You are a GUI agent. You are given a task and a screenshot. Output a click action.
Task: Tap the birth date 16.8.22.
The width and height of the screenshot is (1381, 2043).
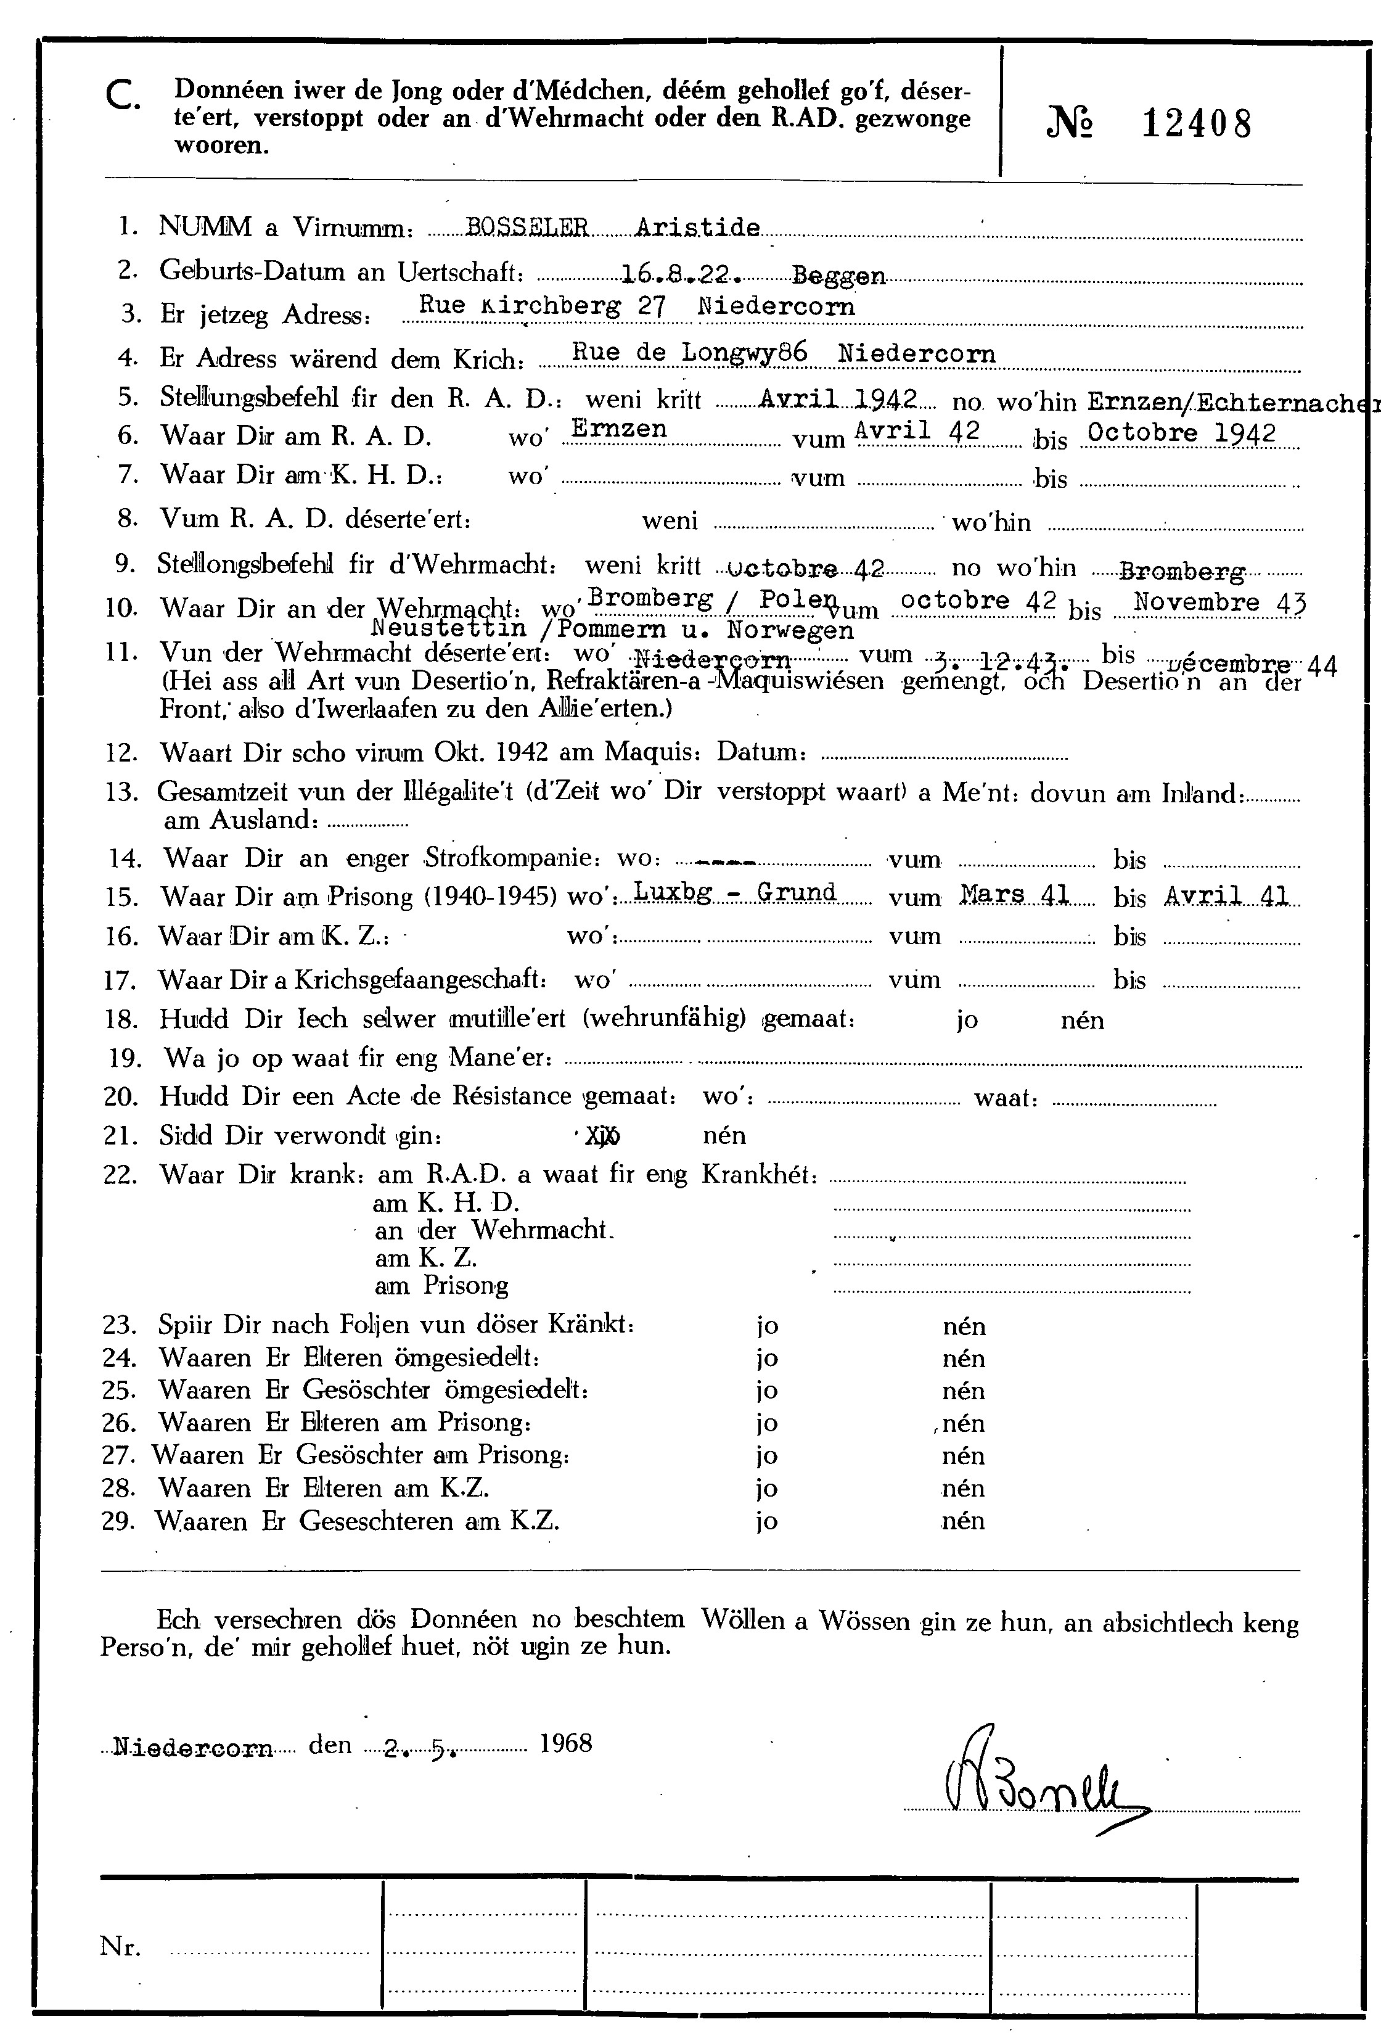click(679, 274)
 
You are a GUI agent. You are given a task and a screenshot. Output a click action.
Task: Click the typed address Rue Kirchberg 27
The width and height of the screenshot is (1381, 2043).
click(543, 306)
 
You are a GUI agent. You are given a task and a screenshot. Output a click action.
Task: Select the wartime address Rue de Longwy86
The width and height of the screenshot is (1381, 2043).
click(689, 353)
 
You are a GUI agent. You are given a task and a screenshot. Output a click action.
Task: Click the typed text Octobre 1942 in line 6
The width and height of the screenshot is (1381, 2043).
click(1181, 432)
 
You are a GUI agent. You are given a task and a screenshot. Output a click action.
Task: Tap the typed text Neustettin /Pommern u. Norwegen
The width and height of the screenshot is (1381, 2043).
click(613, 630)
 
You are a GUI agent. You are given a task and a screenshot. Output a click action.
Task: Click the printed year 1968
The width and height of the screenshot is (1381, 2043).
click(565, 1743)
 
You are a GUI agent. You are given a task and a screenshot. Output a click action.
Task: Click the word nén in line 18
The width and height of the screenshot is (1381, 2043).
click(1082, 1021)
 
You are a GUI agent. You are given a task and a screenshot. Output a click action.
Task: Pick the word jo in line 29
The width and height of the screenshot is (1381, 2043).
click(766, 1522)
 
